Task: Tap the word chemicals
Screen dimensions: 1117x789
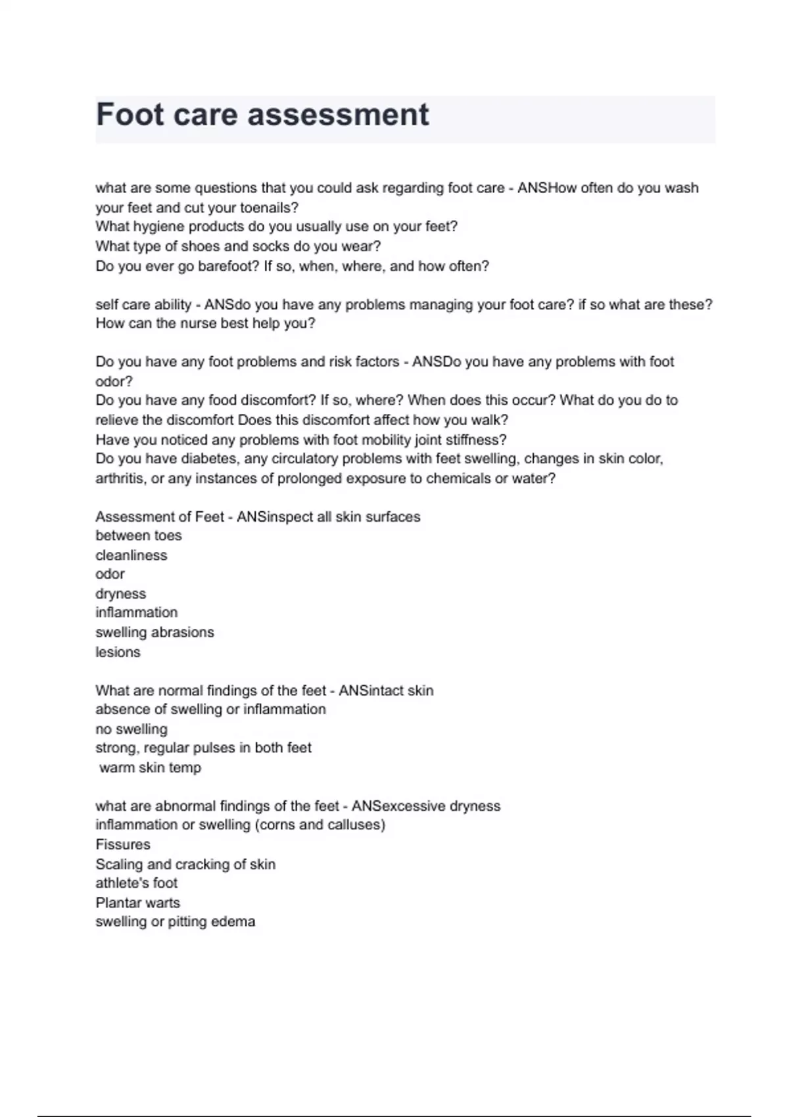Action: click(458, 478)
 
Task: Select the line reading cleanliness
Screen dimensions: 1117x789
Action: click(131, 555)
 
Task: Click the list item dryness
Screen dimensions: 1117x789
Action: click(121, 594)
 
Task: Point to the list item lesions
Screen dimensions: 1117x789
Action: click(118, 652)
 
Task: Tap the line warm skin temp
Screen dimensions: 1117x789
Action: click(150, 767)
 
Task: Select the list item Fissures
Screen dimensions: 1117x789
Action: click(123, 844)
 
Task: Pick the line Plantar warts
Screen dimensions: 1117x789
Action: click(138, 903)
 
